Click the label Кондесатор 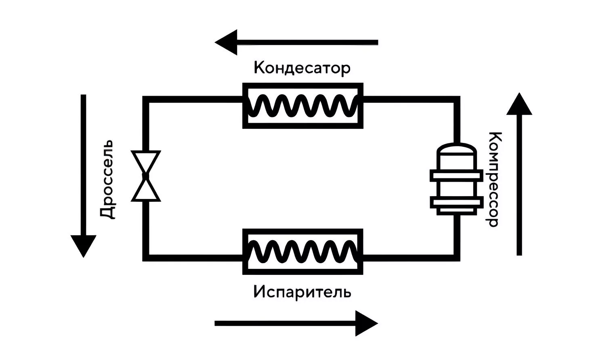(x=302, y=68)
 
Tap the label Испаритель (x=302, y=292)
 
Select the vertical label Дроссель (x=107, y=180)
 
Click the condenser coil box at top (x=303, y=106)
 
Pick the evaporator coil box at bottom (x=303, y=251)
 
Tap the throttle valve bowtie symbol (x=146, y=176)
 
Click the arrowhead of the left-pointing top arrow (x=226, y=42)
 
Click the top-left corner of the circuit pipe (x=146, y=99)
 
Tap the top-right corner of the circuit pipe (x=457, y=99)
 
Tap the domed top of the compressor (x=457, y=149)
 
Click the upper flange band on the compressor (x=457, y=176)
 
